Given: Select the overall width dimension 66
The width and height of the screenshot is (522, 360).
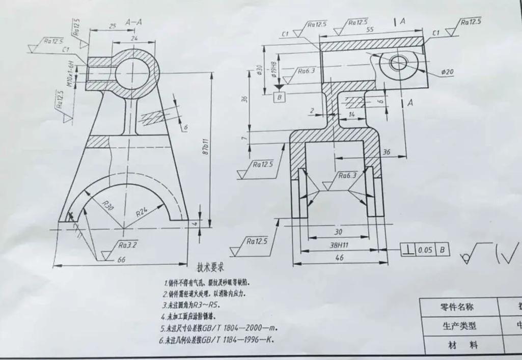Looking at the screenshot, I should [122, 260].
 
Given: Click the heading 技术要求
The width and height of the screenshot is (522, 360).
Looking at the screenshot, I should [210, 267].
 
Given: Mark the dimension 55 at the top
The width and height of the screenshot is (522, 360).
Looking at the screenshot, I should [370, 30].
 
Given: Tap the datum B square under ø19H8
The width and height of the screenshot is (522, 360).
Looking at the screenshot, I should [279, 96].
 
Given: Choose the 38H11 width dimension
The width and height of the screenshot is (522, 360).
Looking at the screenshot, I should [339, 244].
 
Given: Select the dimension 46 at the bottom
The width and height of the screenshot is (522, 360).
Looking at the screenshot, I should [339, 258].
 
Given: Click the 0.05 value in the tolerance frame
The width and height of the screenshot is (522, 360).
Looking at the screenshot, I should [426, 250].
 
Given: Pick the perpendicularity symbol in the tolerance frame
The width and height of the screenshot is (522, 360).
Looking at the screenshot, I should [407, 250].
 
